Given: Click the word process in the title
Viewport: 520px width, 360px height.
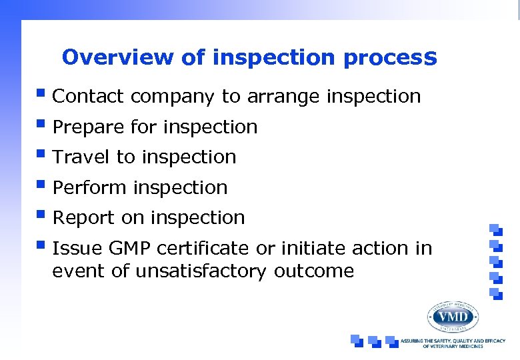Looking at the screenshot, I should pyautogui.click(x=390, y=58).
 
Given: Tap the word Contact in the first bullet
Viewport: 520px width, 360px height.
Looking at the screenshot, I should pyautogui.click(x=88, y=97).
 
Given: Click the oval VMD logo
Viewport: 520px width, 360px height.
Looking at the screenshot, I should pyautogui.click(x=453, y=317).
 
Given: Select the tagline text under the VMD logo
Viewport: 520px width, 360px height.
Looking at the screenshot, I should pyautogui.click(x=453, y=343).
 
